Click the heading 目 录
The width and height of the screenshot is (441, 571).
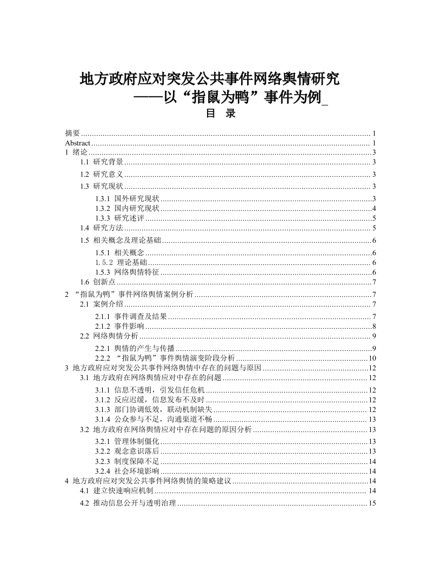click(220, 115)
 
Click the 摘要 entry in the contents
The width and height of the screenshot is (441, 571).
click(72, 133)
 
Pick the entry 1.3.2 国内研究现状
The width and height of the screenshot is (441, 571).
click(127, 209)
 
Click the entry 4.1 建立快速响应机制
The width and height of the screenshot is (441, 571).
click(117, 491)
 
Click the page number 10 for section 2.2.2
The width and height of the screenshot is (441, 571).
click(372, 358)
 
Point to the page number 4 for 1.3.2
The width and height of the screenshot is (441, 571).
click(374, 209)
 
